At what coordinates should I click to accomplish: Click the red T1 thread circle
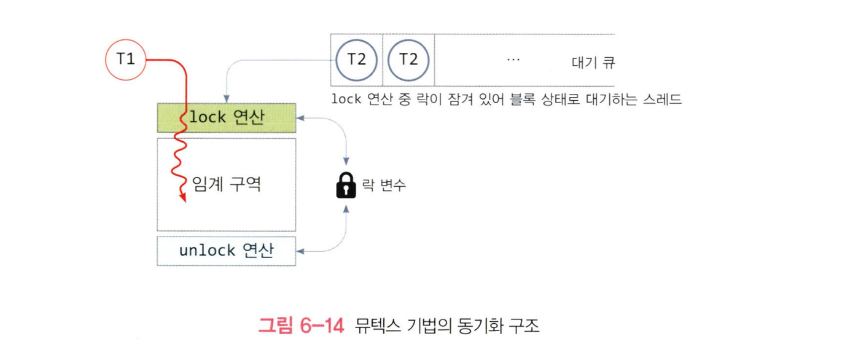click(x=125, y=60)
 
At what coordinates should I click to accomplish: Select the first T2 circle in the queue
click(x=356, y=60)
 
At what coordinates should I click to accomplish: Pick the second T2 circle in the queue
click(x=408, y=60)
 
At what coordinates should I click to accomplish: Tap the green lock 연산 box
click(x=226, y=117)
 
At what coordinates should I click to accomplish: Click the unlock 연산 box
click(x=226, y=251)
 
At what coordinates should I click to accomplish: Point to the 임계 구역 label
click(x=227, y=184)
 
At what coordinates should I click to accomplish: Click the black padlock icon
click(x=346, y=185)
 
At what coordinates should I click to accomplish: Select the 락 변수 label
click(x=384, y=185)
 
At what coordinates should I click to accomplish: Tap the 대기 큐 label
click(x=593, y=61)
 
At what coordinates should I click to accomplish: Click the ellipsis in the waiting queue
click(x=513, y=60)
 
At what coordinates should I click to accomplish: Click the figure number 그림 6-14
click(x=300, y=326)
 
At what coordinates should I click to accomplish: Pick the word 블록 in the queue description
click(x=509, y=99)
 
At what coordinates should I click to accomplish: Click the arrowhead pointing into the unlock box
click(x=300, y=251)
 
